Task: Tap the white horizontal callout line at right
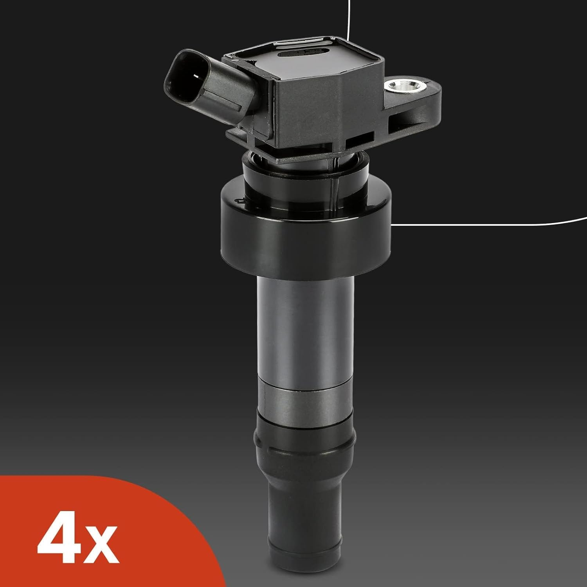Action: (x=489, y=224)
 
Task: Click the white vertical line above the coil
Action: (x=348, y=20)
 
